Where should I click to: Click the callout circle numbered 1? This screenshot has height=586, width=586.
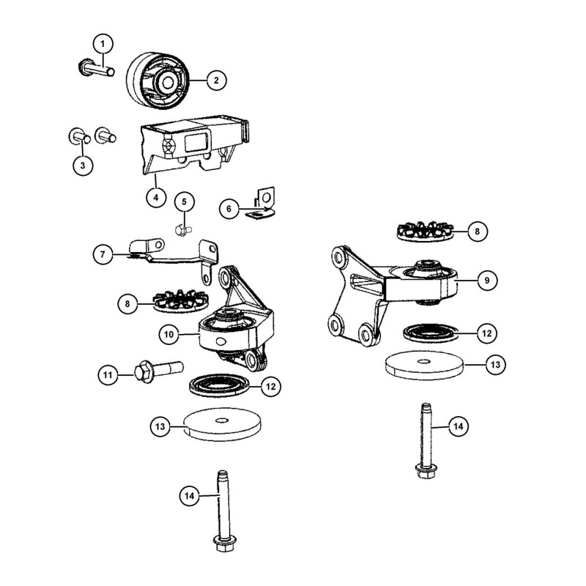click(103, 44)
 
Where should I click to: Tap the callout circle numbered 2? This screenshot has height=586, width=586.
click(216, 80)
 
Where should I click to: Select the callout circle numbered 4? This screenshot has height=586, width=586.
click(156, 197)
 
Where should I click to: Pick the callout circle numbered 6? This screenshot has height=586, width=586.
click(229, 209)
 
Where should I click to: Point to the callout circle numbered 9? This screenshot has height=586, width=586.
click(487, 280)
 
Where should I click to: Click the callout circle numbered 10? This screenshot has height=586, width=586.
click(169, 334)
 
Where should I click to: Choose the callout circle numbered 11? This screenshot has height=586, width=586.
click(108, 374)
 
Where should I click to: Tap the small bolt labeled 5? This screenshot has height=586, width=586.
click(183, 230)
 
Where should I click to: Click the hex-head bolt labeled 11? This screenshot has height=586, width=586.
click(158, 371)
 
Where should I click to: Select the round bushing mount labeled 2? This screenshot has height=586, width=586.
click(157, 81)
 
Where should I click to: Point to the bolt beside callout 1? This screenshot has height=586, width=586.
click(97, 68)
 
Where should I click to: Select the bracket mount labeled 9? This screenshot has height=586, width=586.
click(393, 294)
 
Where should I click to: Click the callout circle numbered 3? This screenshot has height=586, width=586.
click(83, 165)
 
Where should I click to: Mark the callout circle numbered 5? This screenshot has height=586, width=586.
click(185, 202)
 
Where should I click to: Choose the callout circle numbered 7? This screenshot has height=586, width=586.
click(103, 254)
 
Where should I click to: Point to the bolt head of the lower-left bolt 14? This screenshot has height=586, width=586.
click(224, 543)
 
